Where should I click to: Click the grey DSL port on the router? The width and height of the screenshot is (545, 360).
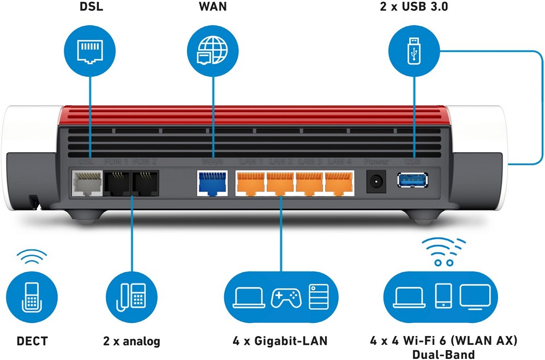pos(87,184)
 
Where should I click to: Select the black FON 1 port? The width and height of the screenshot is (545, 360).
pos(117,184)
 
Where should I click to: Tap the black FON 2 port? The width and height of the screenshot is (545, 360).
pos(146,184)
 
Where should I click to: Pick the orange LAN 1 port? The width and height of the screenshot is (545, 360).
pos(250,184)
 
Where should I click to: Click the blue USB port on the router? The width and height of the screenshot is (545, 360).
pos(413,179)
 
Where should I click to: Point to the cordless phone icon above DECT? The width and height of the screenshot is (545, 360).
pos(31,297)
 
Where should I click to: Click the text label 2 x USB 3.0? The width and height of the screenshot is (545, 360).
pos(412,8)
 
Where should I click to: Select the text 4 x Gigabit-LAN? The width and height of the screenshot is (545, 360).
pos(280,341)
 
